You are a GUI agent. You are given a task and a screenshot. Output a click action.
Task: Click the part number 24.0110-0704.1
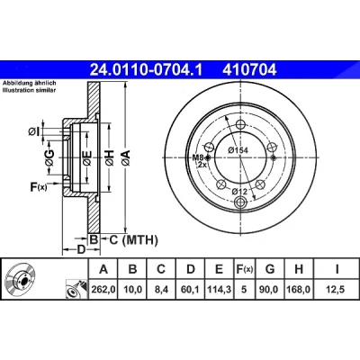(147, 70)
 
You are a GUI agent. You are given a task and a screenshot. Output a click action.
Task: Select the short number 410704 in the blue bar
(249, 70)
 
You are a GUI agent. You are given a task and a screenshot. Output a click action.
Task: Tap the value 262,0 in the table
(103, 290)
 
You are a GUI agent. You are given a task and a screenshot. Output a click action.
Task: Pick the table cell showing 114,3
(220, 290)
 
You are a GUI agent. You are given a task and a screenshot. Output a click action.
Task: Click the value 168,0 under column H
(299, 290)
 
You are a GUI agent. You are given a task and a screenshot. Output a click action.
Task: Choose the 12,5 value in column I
(337, 290)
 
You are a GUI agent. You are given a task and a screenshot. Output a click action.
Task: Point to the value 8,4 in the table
(161, 290)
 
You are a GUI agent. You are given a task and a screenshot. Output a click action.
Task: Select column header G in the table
(270, 269)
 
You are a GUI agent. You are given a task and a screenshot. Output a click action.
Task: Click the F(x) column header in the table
(244, 269)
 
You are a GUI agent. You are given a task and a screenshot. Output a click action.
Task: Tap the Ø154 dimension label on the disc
(238, 150)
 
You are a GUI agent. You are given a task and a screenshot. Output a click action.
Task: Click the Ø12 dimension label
(239, 191)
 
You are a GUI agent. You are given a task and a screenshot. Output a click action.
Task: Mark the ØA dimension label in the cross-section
(126, 157)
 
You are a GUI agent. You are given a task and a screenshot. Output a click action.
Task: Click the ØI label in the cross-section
(33, 131)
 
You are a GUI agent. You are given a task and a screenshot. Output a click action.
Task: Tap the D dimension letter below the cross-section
(81, 249)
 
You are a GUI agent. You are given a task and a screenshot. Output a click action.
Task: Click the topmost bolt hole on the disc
(241, 124)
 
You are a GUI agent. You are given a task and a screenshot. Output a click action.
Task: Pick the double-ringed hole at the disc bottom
(241, 202)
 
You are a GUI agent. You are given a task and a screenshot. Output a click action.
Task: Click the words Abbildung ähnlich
(29, 83)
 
